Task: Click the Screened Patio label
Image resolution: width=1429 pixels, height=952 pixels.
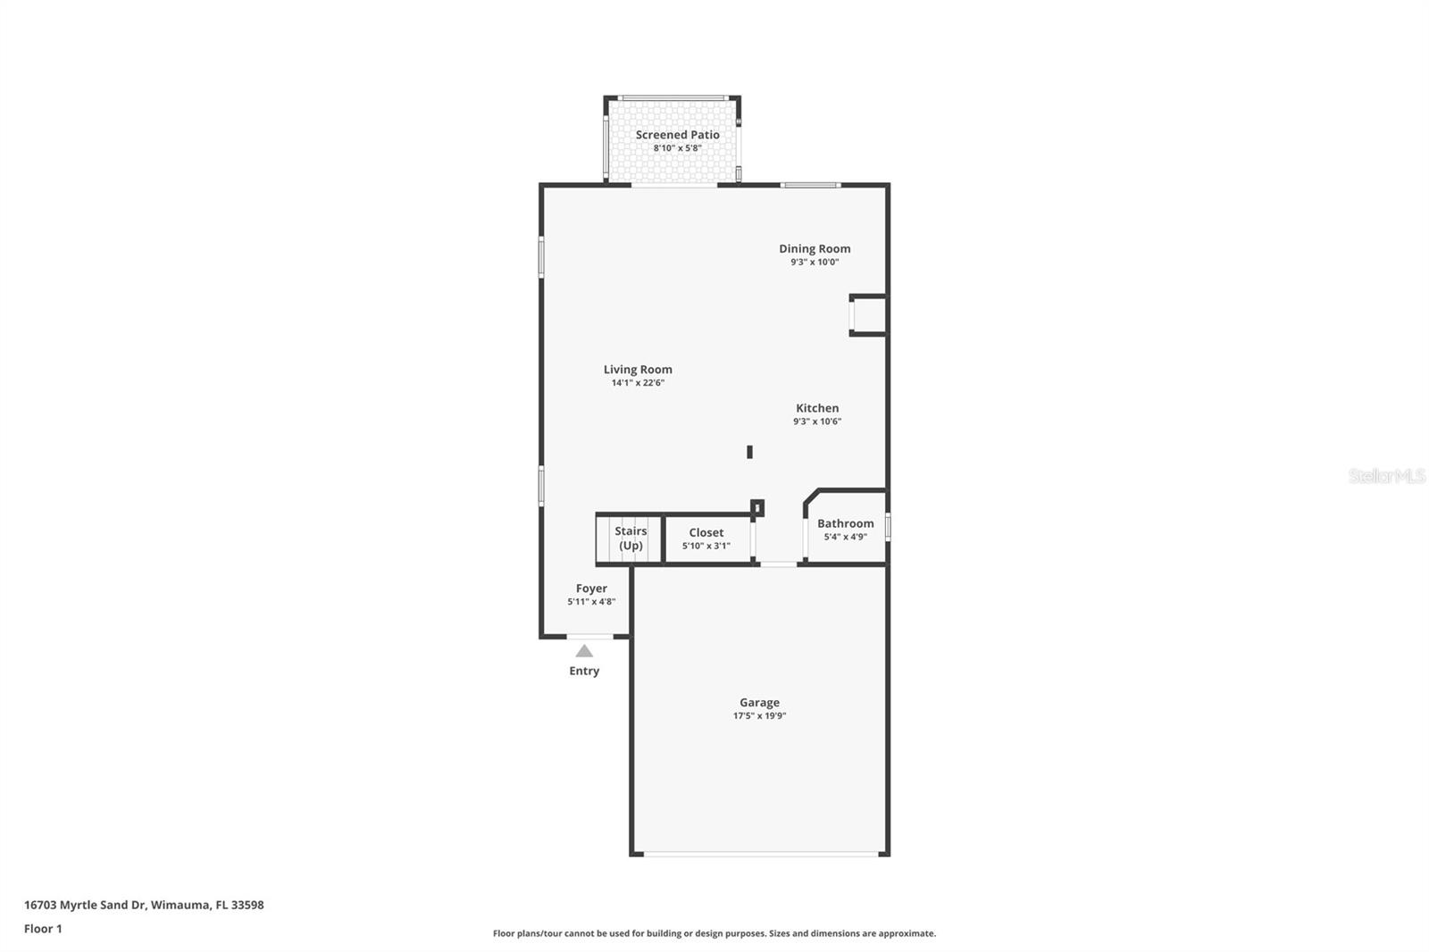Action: (x=677, y=135)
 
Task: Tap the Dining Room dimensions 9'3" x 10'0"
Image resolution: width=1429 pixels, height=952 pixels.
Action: (x=814, y=262)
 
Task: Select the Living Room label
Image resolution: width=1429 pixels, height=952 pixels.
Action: (x=638, y=369)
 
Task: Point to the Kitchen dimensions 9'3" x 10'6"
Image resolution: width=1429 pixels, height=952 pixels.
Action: (x=817, y=422)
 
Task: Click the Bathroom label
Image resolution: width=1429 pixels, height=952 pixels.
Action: (x=845, y=523)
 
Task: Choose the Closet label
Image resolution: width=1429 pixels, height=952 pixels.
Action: (x=706, y=532)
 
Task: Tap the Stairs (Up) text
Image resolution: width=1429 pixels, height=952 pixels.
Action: (x=631, y=538)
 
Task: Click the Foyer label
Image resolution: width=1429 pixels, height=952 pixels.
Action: (x=591, y=589)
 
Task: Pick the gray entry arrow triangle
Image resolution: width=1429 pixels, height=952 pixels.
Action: (x=584, y=651)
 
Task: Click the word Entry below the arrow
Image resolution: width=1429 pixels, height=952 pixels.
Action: (x=584, y=671)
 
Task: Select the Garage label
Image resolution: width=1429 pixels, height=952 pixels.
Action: (x=759, y=702)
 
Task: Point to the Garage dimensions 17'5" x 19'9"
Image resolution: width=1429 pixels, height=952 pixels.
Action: (x=759, y=715)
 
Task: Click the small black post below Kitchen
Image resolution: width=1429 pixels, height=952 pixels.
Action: (x=749, y=452)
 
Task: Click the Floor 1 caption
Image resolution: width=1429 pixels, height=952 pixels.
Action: (x=43, y=929)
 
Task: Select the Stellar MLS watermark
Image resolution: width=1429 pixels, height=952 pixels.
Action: (x=1386, y=476)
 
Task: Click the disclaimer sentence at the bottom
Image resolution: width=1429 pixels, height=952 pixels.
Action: (x=714, y=933)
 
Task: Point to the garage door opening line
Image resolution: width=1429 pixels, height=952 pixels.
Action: (x=761, y=855)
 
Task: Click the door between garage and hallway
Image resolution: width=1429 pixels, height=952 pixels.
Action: (x=778, y=564)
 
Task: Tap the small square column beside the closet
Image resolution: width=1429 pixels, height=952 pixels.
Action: (x=757, y=508)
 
